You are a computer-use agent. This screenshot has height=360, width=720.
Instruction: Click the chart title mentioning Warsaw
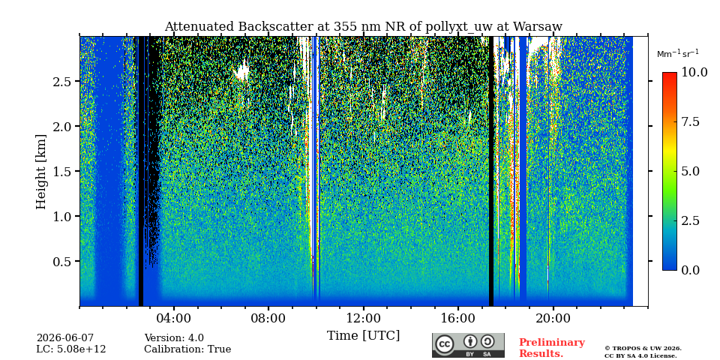(363, 27)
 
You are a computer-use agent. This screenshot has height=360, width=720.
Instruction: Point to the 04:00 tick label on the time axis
(174, 318)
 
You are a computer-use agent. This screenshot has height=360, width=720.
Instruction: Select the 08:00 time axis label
(268, 318)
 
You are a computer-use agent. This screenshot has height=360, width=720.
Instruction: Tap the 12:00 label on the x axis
(363, 318)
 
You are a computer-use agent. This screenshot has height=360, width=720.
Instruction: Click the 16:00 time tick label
(457, 318)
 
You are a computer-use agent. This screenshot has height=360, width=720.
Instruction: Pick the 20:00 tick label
(553, 318)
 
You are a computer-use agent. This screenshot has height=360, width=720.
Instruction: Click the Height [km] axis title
(42, 172)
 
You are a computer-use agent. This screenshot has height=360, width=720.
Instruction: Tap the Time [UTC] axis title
(363, 336)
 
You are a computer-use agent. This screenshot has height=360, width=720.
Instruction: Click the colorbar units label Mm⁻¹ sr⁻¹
(678, 54)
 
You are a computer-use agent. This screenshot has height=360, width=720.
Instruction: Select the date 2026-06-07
(65, 338)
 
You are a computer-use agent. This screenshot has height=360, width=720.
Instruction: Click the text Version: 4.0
(174, 338)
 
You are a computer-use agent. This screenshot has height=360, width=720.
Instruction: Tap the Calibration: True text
(187, 349)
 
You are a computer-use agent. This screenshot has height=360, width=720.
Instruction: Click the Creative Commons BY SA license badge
(468, 345)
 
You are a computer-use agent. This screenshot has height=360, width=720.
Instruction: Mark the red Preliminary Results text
(552, 348)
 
